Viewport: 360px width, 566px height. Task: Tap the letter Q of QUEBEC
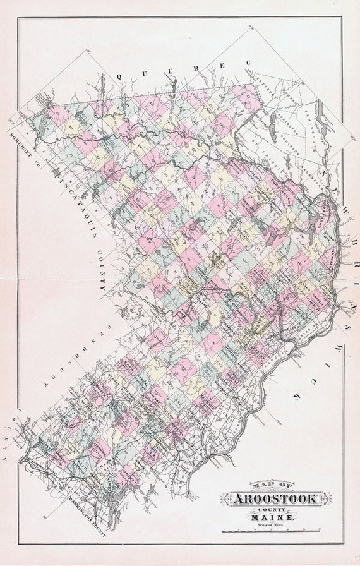coord(119,76)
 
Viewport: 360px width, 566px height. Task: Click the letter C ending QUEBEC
coord(248,63)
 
